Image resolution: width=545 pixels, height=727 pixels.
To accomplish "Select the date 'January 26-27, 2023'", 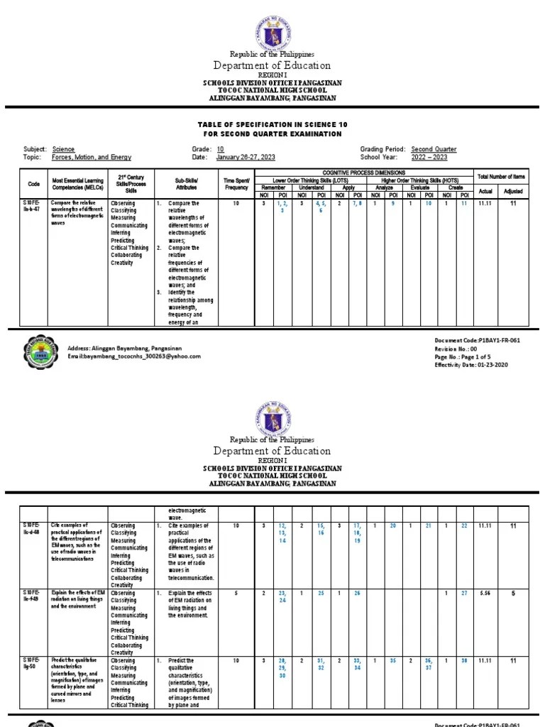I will click(x=246, y=158).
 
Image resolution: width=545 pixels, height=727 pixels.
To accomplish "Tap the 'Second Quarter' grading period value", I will click(x=434, y=149).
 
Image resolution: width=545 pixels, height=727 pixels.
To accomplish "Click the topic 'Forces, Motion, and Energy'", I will click(x=92, y=158).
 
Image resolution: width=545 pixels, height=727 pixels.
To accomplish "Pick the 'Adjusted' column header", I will click(x=512, y=191).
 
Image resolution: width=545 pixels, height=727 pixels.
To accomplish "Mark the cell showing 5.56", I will click(x=486, y=592).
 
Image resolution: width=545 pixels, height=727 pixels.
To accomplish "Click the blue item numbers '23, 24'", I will click(x=282, y=596).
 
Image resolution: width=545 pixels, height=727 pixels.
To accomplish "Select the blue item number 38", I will click(x=464, y=660).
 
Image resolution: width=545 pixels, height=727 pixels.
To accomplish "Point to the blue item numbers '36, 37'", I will click(x=428, y=664).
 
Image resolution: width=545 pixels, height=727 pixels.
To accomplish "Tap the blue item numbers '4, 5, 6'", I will click(x=320, y=207).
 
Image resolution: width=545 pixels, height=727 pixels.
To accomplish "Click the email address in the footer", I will click(x=134, y=356).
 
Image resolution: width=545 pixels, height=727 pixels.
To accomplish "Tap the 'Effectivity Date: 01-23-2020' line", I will click(x=470, y=364).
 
